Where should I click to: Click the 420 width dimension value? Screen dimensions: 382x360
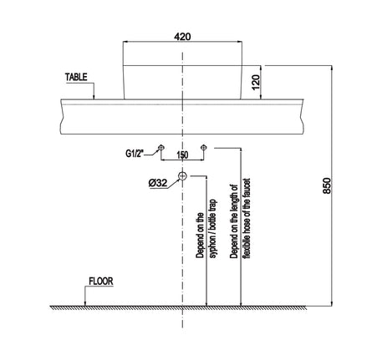coord(182,37)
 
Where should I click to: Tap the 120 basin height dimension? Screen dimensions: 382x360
coord(256,82)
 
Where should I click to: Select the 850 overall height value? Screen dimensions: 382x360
coord(327,185)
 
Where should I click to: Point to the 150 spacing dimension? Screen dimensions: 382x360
coord(182,155)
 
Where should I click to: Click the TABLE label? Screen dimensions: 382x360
coord(76,77)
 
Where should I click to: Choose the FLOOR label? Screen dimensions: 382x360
coord(101,281)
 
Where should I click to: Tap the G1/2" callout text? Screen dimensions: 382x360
coord(134,153)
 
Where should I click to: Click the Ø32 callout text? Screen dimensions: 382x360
coord(158,183)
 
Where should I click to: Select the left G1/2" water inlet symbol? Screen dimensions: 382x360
coord(160,147)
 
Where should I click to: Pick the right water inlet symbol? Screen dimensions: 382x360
coord(204,147)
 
